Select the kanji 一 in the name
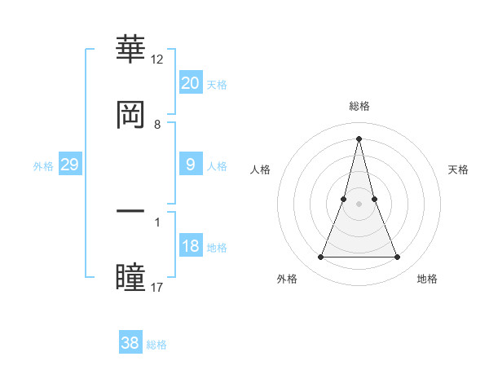131,211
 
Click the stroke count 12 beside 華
157,59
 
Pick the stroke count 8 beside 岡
157,125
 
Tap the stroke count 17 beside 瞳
157,287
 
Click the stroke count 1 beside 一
157,222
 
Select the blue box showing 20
190,82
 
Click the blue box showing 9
190,164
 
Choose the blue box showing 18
190,245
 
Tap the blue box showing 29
69,164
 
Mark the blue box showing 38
130,343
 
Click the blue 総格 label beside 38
157,345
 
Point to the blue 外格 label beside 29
43,165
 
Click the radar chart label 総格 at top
359,106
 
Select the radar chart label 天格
458,169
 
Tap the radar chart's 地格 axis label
427,279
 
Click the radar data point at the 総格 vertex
359,138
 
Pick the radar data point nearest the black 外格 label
320,258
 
